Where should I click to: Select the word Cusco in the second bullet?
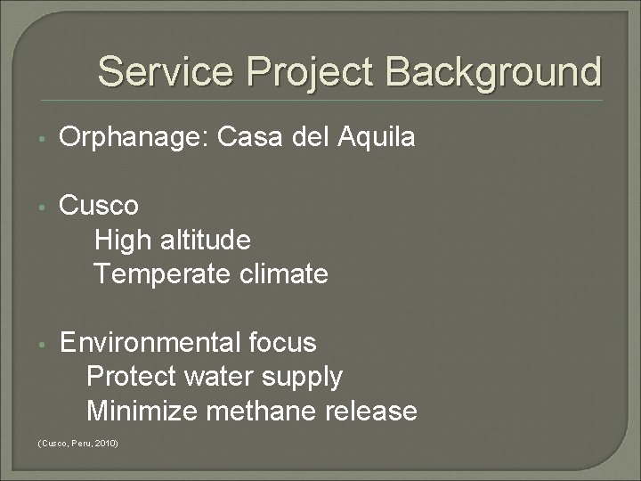pos(99,206)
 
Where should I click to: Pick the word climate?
pos(280,273)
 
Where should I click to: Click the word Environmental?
pos(149,342)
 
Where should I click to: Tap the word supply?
pos(300,378)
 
